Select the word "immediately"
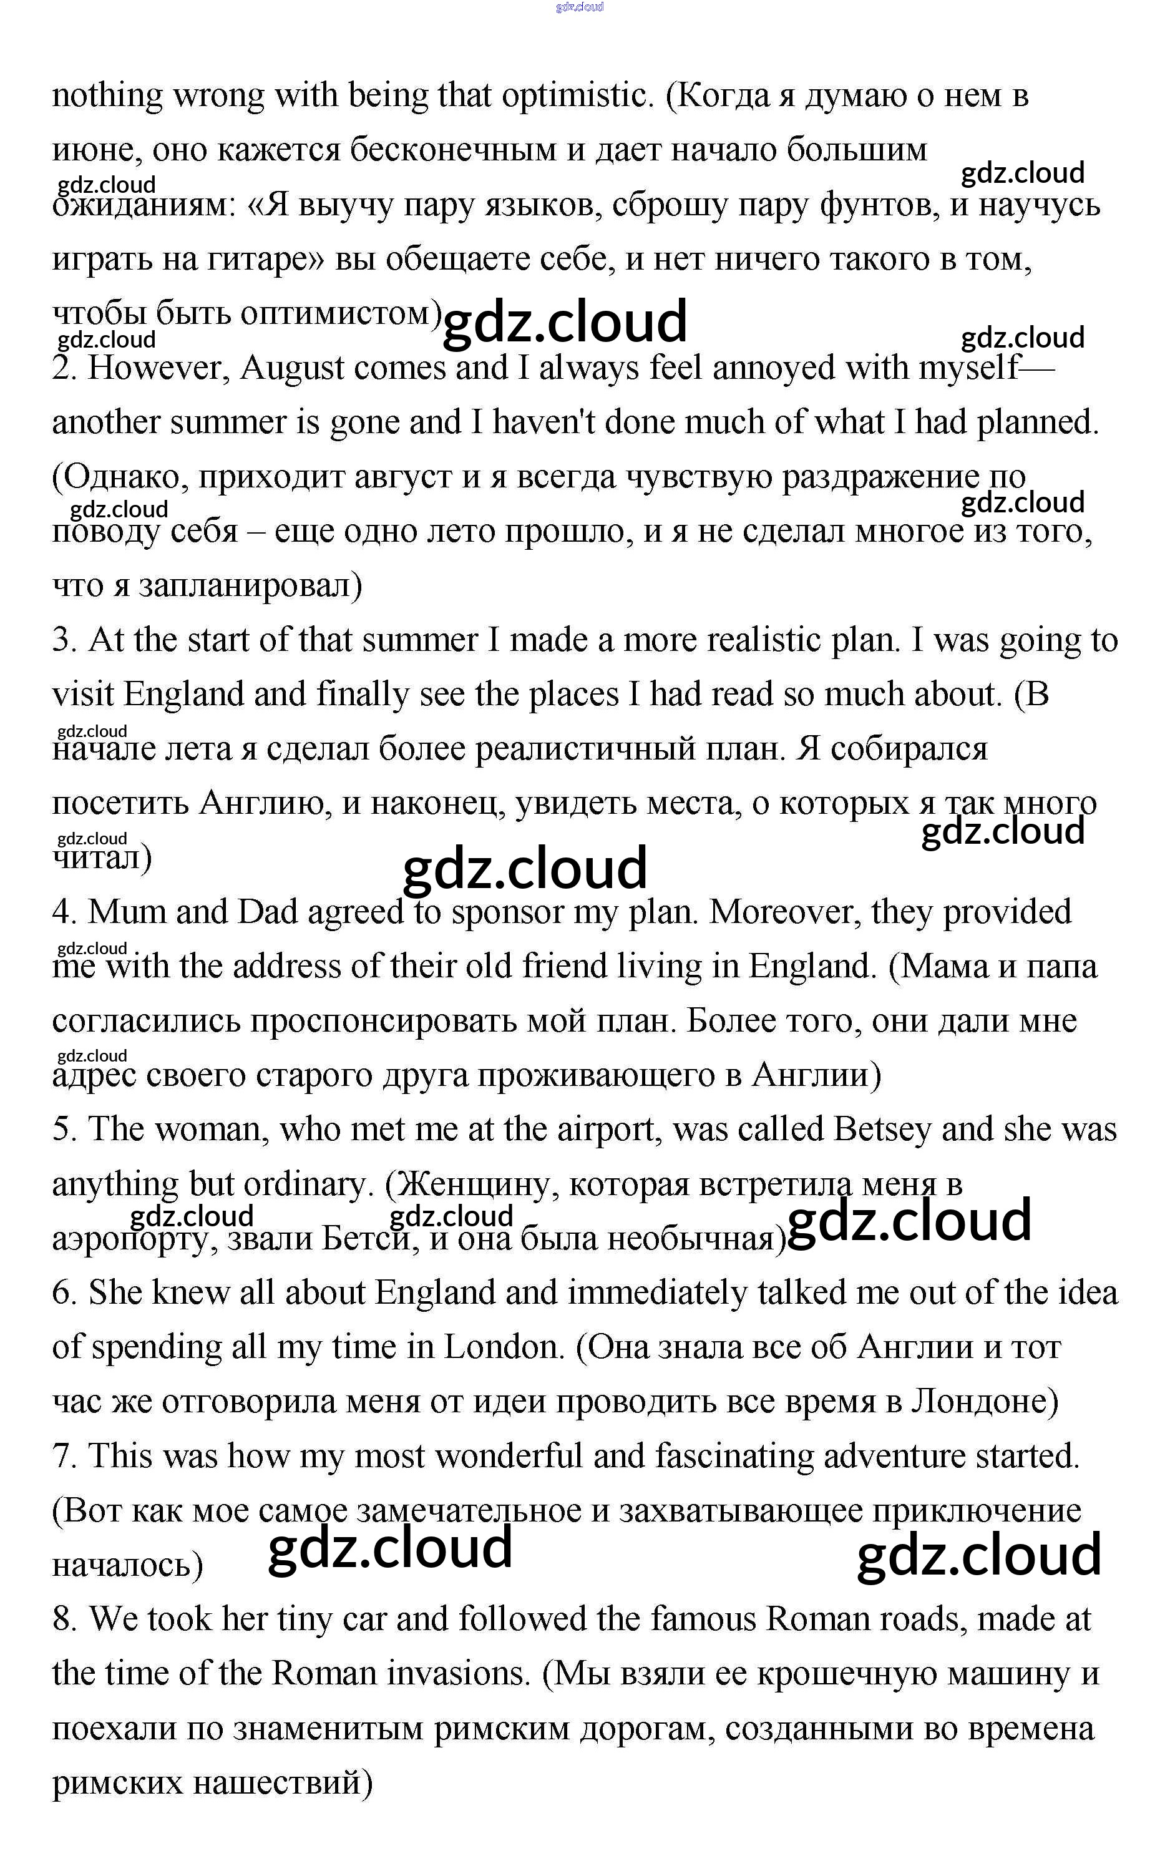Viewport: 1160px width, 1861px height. click(656, 1293)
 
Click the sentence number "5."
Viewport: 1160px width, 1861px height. click(64, 1130)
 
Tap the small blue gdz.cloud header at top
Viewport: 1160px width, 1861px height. click(580, 7)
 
